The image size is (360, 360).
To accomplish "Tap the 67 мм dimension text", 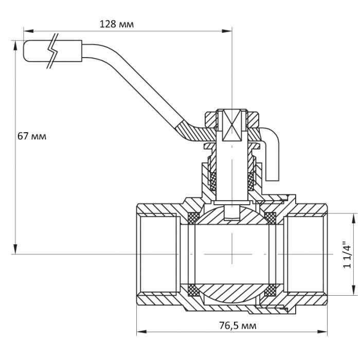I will click(32, 136).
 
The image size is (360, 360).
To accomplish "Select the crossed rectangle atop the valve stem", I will click(232, 126).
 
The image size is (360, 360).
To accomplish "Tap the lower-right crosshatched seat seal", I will click(269, 292).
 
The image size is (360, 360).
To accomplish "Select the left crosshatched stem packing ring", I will click(213, 180).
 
